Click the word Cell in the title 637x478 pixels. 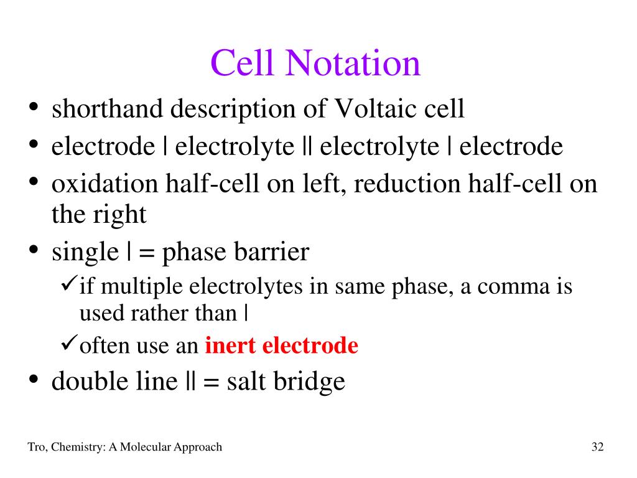[x=244, y=63]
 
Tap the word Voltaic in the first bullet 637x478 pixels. [x=378, y=109]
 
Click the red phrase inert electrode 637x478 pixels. [x=282, y=345]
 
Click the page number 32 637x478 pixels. [x=598, y=447]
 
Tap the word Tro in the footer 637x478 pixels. [x=36, y=447]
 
